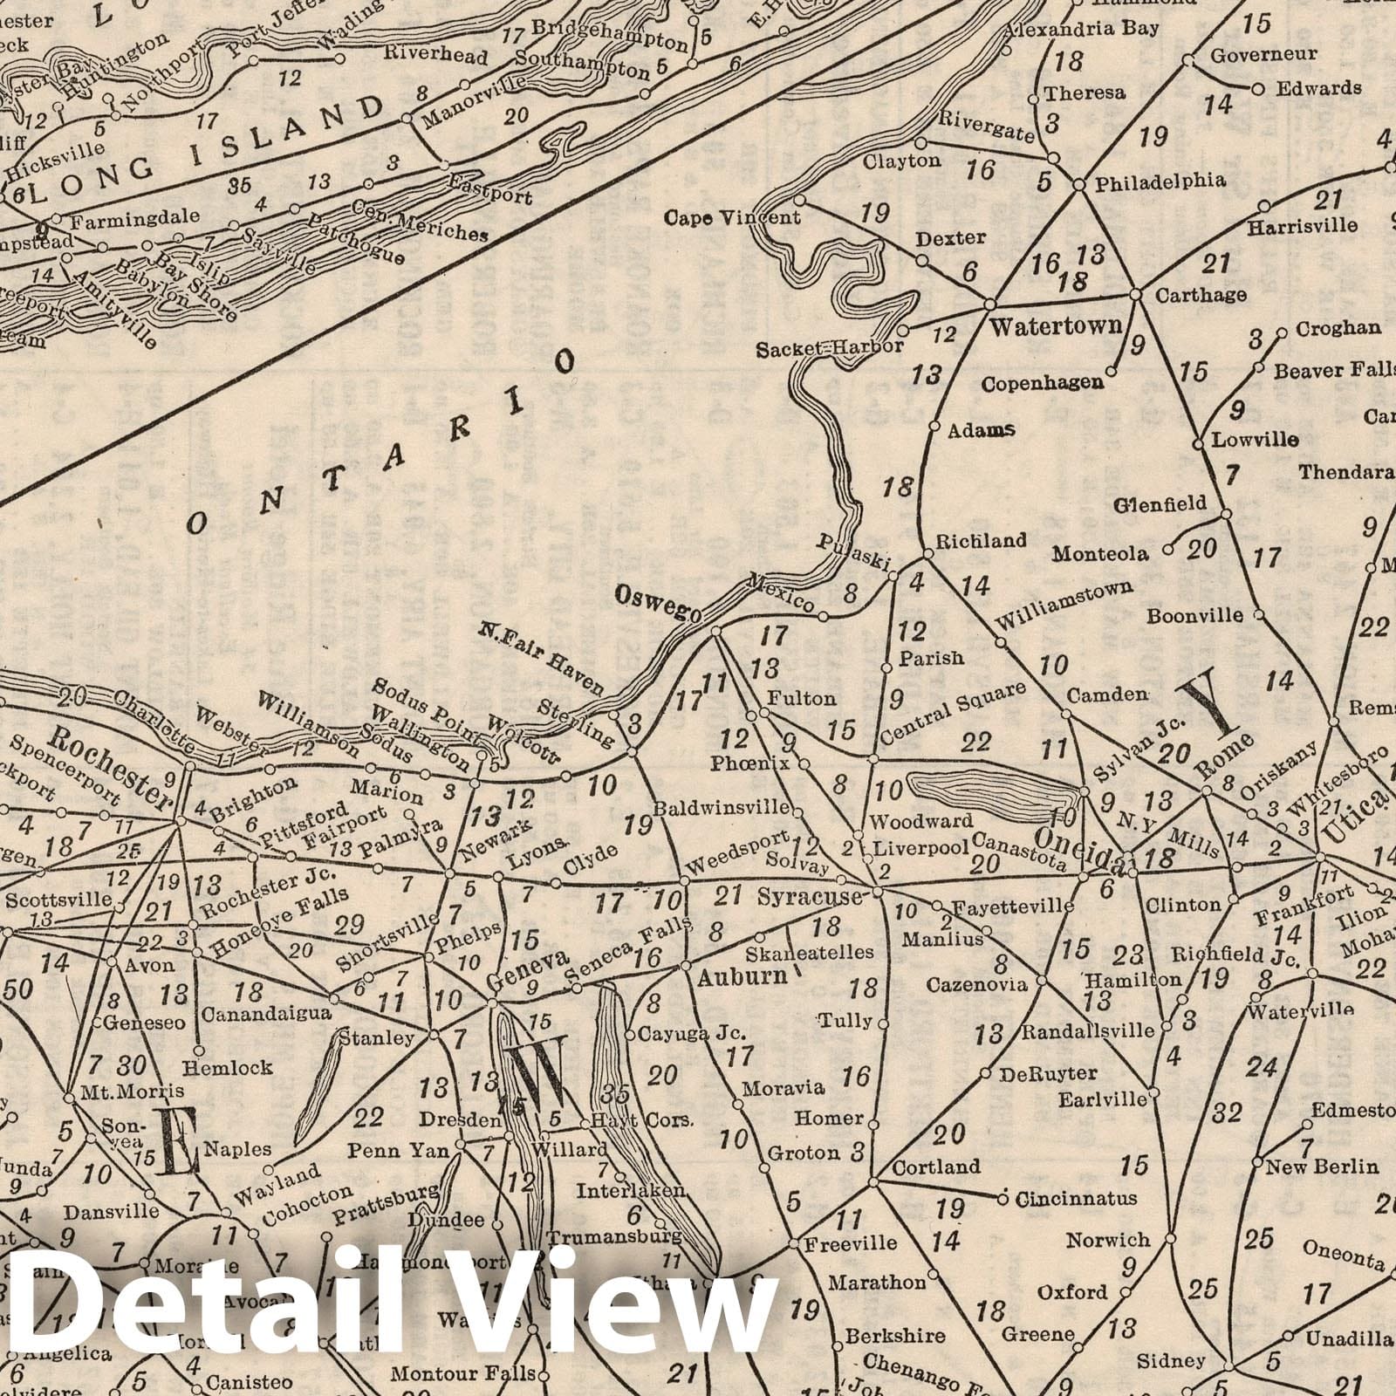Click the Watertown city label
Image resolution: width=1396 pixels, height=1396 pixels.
[1055, 327]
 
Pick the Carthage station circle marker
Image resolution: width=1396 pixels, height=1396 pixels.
[1136, 295]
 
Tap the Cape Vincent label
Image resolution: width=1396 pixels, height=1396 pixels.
[733, 216]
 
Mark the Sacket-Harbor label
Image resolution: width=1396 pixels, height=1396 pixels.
[829, 347]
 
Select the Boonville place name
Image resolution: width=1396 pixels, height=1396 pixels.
[1194, 615]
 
